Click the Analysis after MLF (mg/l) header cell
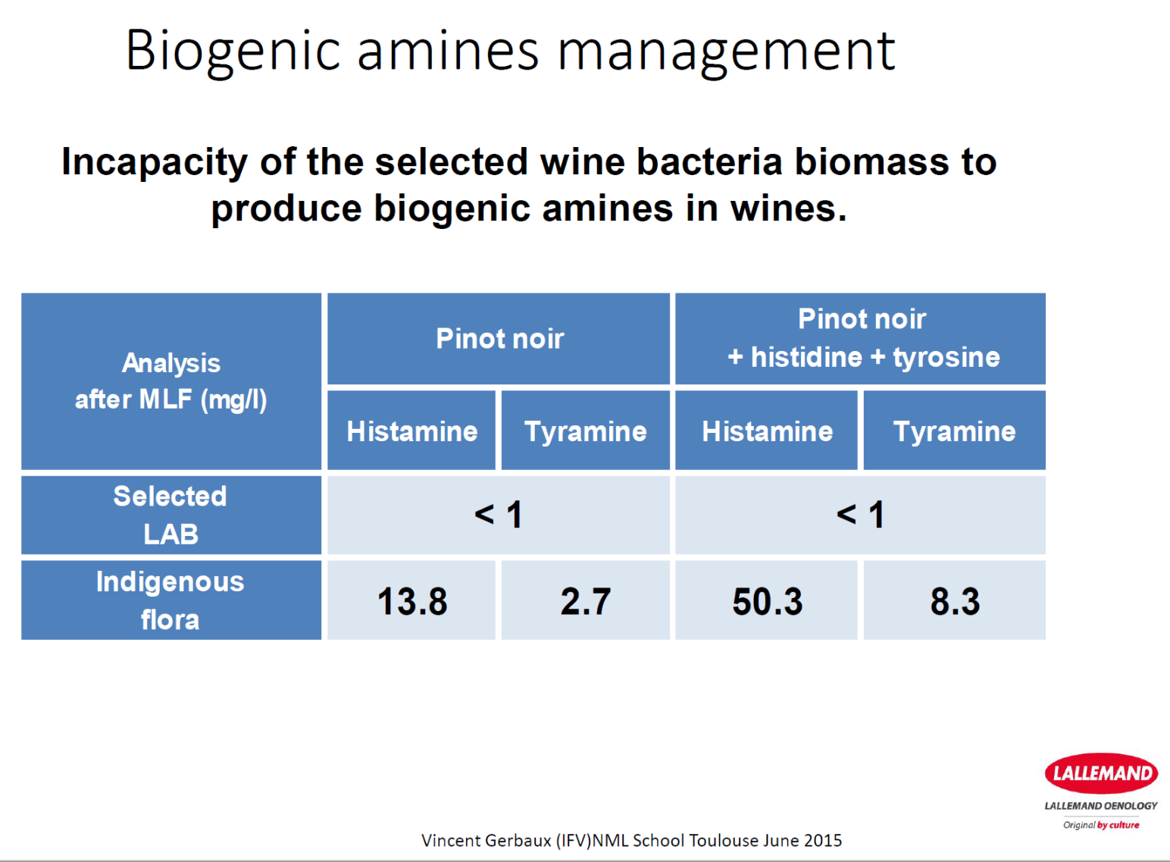click(x=171, y=381)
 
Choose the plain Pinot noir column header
click(x=499, y=339)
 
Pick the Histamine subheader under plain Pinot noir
click(x=411, y=431)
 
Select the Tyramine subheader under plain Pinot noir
click(x=586, y=431)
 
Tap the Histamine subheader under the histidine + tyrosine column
click(x=767, y=431)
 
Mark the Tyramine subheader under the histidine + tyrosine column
click(x=954, y=431)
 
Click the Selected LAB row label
click(x=171, y=515)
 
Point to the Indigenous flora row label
click(x=171, y=600)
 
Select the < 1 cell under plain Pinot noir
click(x=499, y=515)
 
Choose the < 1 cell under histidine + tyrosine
click(x=861, y=515)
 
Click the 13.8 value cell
click(x=411, y=601)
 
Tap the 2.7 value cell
click(x=586, y=601)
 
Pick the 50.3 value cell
click(x=767, y=601)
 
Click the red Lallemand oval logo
click(x=1101, y=773)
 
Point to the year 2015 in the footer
click(x=823, y=840)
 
